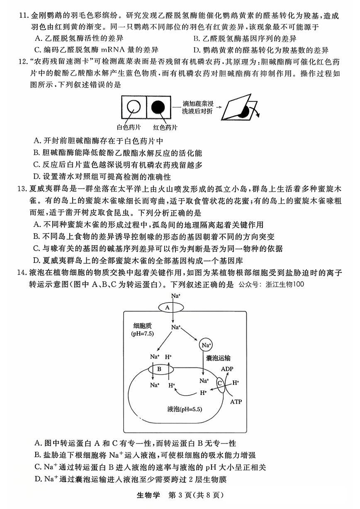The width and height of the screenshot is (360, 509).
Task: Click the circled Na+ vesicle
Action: click(206, 345)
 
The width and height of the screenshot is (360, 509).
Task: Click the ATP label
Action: click(236, 402)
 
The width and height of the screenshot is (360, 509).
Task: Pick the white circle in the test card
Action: click(134, 109)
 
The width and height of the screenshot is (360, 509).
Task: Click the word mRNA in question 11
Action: click(119, 50)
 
